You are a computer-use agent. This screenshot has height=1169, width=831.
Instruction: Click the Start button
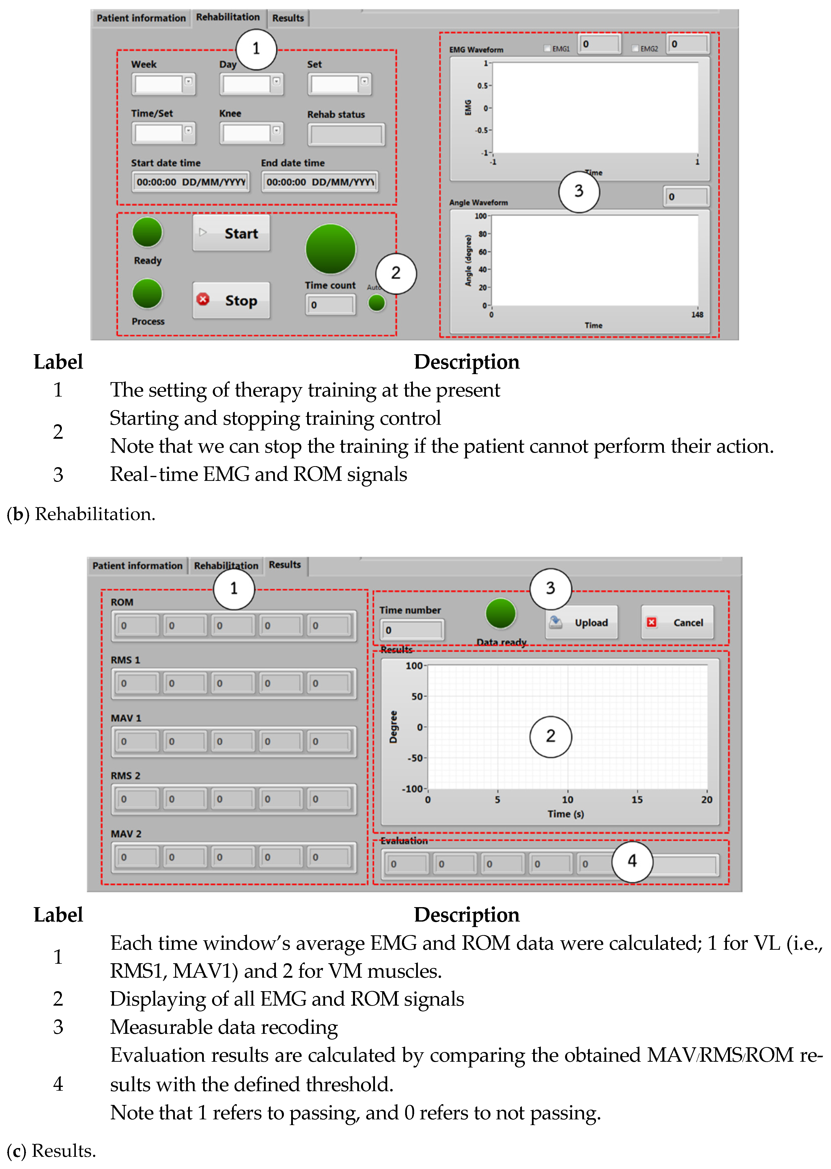pos(231,233)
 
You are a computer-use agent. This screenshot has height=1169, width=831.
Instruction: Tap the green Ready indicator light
pos(147,232)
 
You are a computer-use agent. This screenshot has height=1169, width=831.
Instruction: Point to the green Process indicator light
pos(147,294)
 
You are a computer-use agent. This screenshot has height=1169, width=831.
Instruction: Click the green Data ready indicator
pos(500,613)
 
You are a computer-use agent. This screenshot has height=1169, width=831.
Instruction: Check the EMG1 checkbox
pos(548,49)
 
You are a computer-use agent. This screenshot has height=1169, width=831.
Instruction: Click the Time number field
pos(412,630)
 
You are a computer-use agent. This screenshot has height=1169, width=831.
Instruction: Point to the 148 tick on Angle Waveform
pos(697,315)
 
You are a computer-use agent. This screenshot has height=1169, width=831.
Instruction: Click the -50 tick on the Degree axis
pos(416,758)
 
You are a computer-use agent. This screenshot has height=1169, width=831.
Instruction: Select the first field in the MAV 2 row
pos(135,857)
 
